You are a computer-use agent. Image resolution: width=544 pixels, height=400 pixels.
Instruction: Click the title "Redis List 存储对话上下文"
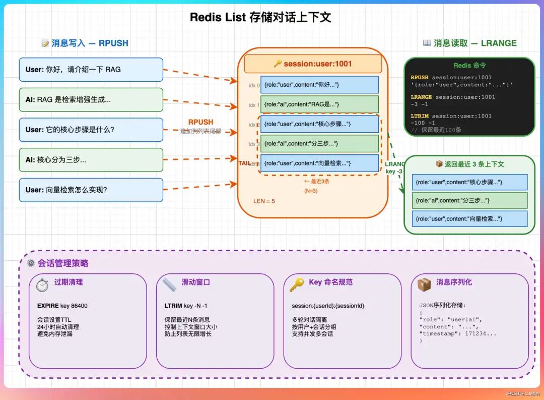pyautogui.click(x=260, y=17)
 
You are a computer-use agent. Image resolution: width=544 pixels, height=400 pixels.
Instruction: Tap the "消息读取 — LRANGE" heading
pyautogui.click(x=469, y=43)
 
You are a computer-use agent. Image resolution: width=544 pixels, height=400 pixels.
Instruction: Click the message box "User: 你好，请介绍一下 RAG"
pyautogui.click(x=91, y=70)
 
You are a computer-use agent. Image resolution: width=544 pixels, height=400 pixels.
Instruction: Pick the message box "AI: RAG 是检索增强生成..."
pyautogui.click(x=91, y=100)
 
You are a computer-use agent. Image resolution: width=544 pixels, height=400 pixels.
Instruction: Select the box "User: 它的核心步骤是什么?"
pyautogui.click(x=91, y=130)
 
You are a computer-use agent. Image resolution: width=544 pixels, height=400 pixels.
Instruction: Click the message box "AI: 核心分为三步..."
pyautogui.click(x=91, y=160)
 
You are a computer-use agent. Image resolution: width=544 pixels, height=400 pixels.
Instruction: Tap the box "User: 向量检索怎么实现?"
pyautogui.click(x=91, y=190)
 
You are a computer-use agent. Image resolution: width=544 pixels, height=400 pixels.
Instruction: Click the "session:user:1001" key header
pyautogui.click(x=313, y=64)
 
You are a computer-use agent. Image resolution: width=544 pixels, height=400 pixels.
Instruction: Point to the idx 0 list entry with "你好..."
pyautogui.click(x=319, y=85)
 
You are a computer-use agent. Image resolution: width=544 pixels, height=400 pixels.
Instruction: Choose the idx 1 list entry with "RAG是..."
pyautogui.click(x=319, y=104)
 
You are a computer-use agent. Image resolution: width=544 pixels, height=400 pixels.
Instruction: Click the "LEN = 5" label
pyautogui.click(x=264, y=201)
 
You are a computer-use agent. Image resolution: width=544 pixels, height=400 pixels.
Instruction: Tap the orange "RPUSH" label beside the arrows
pyautogui.click(x=200, y=122)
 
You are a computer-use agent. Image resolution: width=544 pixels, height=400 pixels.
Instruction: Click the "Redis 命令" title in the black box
pyautogui.click(x=469, y=66)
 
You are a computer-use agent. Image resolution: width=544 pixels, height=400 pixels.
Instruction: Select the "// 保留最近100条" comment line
pyautogui.click(x=436, y=130)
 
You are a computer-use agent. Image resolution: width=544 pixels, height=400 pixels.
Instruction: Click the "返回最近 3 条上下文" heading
pyautogui.click(x=469, y=164)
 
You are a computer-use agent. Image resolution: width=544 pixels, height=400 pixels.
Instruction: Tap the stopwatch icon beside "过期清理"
pyautogui.click(x=42, y=285)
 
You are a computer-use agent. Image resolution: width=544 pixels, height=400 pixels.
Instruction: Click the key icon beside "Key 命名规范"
pyautogui.click(x=297, y=284)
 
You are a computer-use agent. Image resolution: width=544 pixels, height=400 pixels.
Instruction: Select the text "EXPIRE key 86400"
pyautogui.click(x=62, y=306)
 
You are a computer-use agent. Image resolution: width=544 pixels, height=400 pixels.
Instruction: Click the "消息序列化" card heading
pyautogui.click(x=454, y=282)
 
